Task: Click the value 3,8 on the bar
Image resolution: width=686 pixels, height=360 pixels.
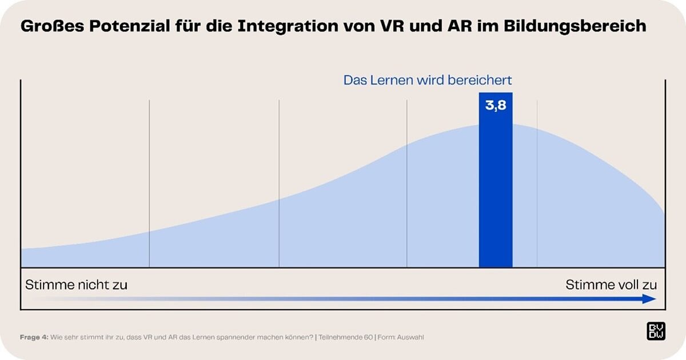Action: point(496,106)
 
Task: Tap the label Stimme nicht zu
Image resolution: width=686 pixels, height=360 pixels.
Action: point(76,285)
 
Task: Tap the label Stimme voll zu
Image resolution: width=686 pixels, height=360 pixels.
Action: point(611,285)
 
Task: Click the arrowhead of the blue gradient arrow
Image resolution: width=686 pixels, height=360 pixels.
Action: point(650,299)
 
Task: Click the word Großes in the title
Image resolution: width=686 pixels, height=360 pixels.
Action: point(47,26)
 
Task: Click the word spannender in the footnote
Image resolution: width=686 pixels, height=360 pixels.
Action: point(238,337)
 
